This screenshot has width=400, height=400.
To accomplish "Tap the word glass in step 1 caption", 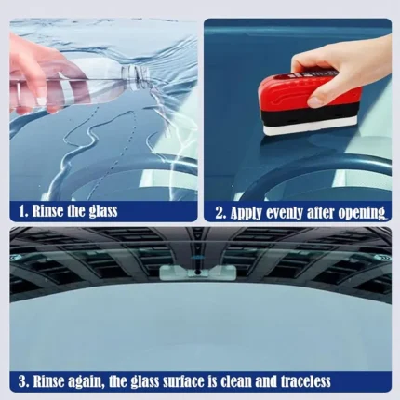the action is (x=103, y=212).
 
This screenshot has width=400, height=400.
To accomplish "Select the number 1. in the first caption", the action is (x=23, y=211).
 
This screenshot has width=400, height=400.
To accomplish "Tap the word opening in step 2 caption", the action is (x=362, y=213).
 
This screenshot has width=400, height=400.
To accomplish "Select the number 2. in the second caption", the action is (x=221, y=213).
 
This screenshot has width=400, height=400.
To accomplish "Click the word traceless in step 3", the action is (x=306, y=381).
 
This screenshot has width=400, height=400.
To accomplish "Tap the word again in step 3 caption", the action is (x=86, y=382).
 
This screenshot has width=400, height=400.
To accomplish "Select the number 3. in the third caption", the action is (x=24, y=381).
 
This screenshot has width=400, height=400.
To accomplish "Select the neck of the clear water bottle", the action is (x=136, y=75).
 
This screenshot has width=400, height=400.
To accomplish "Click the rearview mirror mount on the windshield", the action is (x=197, y=273).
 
